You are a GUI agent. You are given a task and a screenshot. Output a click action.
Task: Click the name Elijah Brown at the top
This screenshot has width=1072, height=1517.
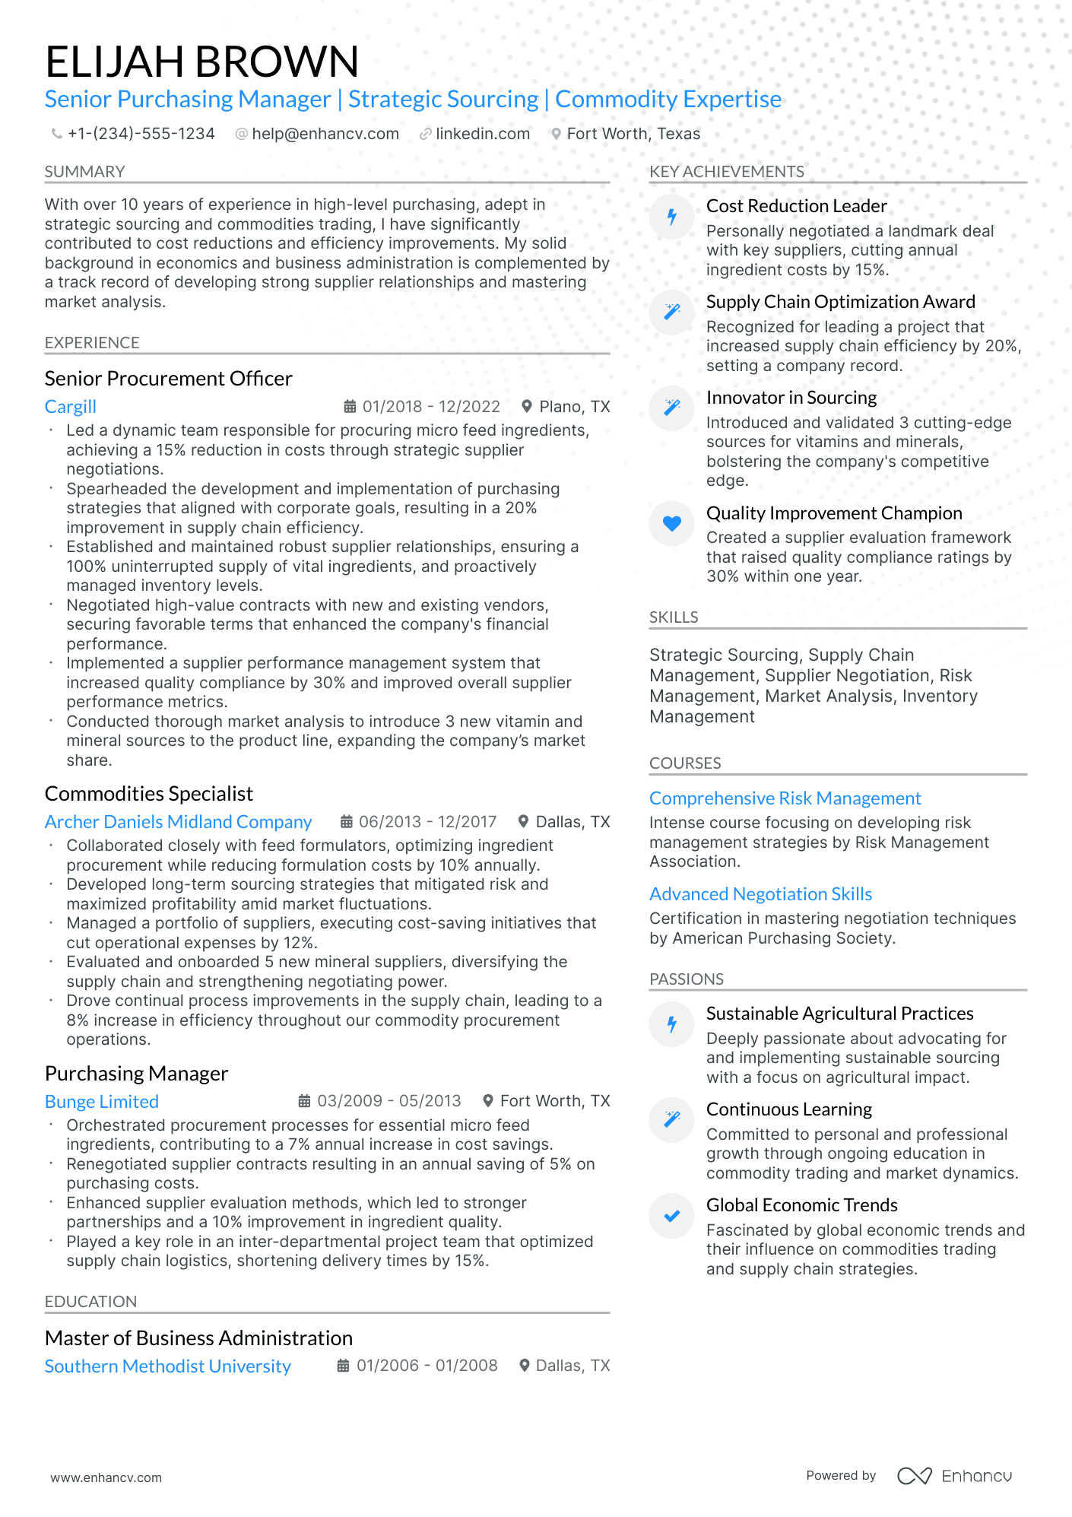[201, 62]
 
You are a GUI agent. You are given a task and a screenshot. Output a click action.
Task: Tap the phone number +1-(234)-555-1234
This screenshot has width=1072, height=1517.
[141, 134]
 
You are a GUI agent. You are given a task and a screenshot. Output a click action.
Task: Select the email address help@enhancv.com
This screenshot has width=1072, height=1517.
[325, 134]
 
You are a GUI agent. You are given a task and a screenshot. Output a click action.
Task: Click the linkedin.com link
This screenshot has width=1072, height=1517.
[482, 134]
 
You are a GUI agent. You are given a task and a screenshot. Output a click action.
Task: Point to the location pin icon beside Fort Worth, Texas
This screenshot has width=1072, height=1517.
[557, 134]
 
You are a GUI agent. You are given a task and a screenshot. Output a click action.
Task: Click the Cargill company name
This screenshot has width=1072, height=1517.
[71, 407]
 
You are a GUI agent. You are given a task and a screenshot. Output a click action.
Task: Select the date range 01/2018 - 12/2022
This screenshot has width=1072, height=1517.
[431, 407]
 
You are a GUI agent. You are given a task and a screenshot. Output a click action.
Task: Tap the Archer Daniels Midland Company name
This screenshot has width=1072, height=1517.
[178, 822]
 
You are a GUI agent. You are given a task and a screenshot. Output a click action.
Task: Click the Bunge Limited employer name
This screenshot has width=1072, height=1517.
[102, 1102]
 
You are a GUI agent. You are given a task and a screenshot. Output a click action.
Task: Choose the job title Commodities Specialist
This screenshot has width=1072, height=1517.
[149, 794]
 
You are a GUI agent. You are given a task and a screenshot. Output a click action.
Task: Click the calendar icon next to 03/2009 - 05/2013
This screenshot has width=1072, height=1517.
[304, 1101]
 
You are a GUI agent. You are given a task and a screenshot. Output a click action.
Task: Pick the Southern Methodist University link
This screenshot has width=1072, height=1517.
[168, 1366]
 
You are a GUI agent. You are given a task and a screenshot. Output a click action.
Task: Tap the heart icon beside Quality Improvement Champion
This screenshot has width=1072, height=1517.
[672, 523]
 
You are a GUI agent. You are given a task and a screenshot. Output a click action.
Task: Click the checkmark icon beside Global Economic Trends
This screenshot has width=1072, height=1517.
[672, 1216]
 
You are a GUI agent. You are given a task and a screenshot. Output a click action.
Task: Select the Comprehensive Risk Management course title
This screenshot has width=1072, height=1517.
[785, 798]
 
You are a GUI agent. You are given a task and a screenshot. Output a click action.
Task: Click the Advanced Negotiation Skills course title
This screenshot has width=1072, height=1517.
[760, 894]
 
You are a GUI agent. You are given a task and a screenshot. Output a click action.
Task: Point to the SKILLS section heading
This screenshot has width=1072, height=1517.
[674, 617]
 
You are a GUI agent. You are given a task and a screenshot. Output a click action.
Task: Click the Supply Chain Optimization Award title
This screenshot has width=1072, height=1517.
[840, 302]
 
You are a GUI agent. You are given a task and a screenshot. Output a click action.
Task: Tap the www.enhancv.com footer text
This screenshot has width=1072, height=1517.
[106, 1477]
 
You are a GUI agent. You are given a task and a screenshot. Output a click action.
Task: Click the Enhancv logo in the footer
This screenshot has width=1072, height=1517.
[954, 1476]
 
